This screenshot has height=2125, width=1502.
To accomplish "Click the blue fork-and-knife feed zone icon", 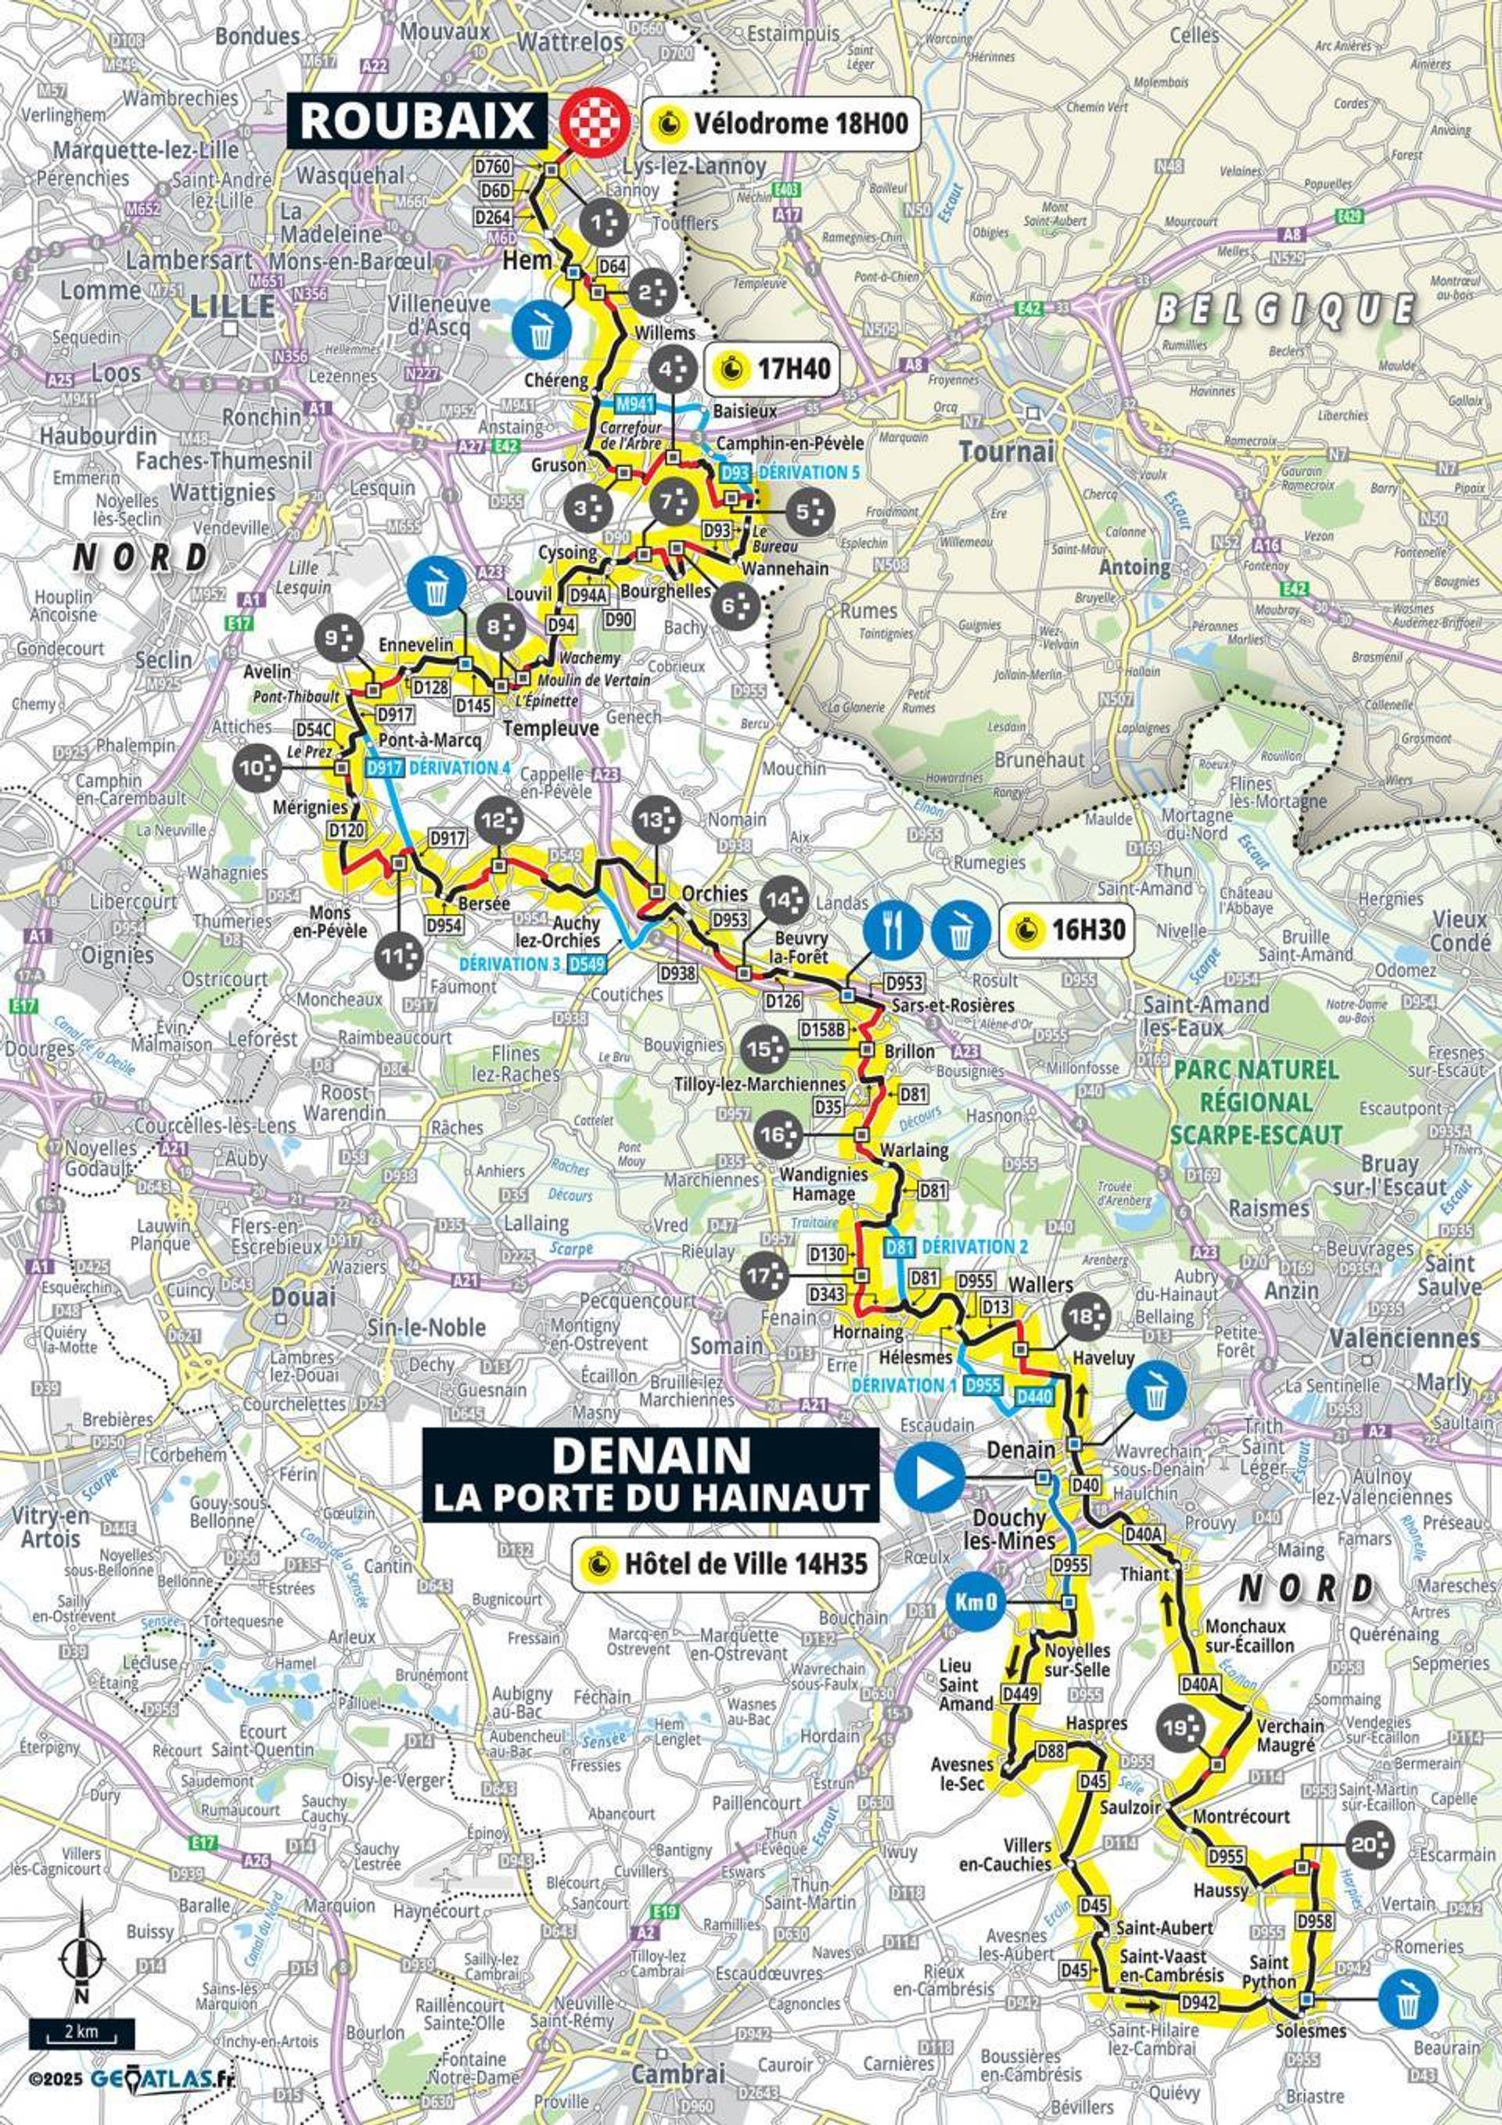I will coord(893,929).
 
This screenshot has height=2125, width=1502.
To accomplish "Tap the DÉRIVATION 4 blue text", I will coord(460,768).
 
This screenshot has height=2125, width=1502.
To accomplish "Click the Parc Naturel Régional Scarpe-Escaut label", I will coord(1256,1102).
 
